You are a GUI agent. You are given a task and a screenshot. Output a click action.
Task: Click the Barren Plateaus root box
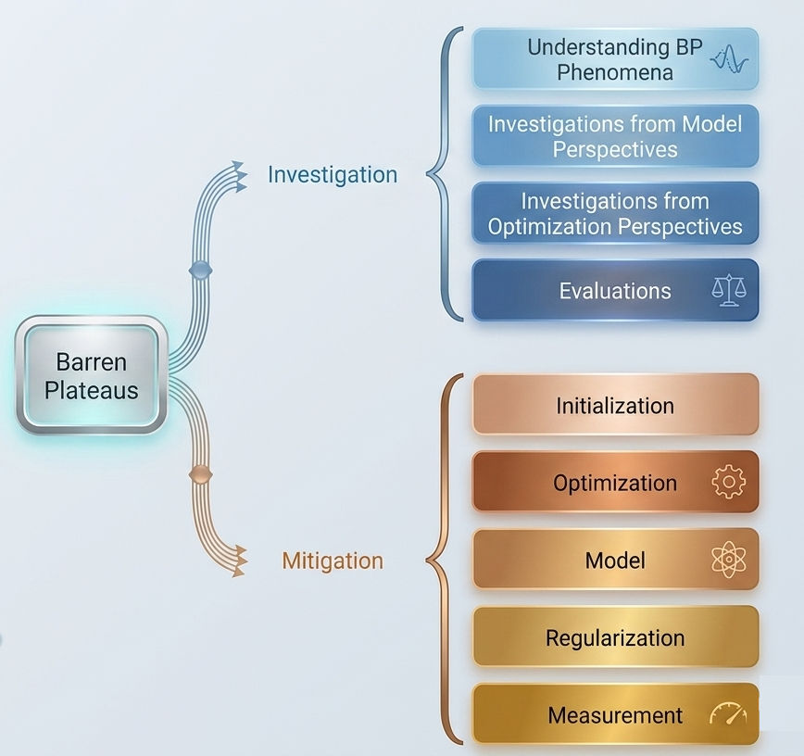(91, 375)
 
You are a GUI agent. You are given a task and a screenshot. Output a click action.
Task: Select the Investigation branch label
(332, 174)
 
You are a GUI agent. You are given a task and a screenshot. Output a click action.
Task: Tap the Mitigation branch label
(332, 561)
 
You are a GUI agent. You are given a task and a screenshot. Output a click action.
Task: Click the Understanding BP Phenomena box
(615, 59)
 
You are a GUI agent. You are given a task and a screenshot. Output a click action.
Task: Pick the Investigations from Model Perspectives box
(615, 136)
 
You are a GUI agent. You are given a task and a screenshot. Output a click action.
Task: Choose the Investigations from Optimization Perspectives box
(615, 213)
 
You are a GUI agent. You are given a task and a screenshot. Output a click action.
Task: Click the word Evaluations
(615, 291)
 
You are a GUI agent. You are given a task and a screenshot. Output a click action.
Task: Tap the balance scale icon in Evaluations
(728, 291)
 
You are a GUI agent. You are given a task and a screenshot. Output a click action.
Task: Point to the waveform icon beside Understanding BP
(728, 60)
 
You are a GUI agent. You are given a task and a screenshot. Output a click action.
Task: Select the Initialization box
(615, 405)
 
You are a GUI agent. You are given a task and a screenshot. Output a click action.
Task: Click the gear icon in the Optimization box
(728, 483)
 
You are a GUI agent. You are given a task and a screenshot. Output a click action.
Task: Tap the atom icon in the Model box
(728, 560)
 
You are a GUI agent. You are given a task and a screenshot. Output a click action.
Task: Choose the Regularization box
(615, 637)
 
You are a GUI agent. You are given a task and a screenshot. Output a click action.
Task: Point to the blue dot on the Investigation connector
(200, 270)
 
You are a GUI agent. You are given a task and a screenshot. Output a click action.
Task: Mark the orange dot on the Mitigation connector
(198, 475)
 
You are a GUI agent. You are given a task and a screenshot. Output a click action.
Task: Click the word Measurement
(615, 715)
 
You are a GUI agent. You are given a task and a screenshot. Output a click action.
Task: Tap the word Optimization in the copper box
(615, 483)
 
